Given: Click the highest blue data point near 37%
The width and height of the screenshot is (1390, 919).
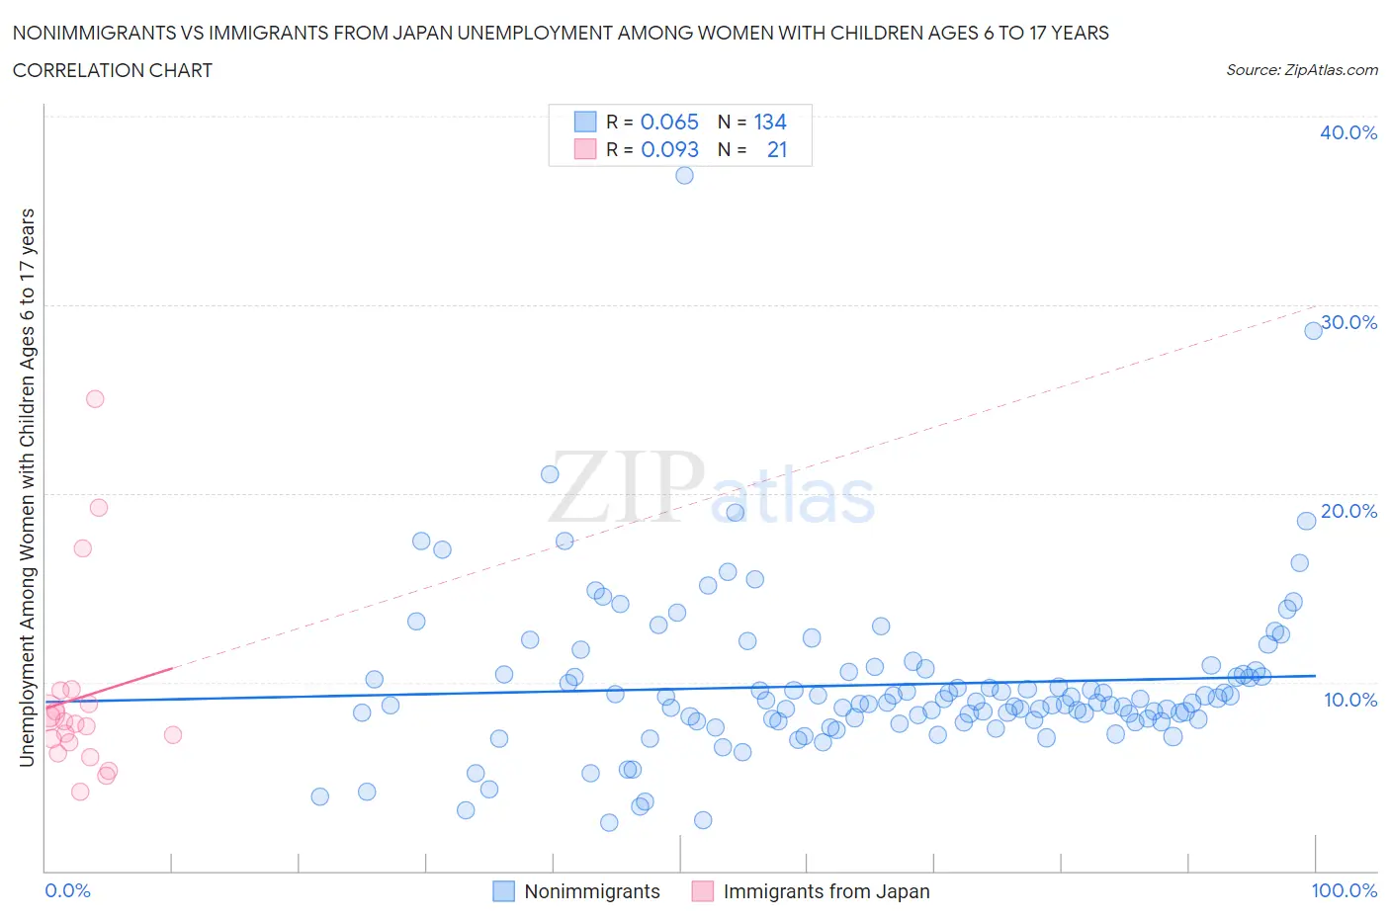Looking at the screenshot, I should pos(684,176).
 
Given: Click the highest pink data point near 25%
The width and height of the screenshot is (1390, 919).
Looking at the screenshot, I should pos(95,399).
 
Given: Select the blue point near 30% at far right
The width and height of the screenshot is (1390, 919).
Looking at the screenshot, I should pos(1313,331).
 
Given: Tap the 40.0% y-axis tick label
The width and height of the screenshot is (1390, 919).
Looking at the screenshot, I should pos(1348,133).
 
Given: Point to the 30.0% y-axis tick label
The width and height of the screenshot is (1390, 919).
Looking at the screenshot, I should pos(1348,323).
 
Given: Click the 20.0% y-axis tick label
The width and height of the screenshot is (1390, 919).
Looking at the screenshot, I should pos(1348,512).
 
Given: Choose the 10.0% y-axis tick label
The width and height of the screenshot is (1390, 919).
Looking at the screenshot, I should pos(1349,701).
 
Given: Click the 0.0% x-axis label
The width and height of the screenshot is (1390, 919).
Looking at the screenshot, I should pos(68,891).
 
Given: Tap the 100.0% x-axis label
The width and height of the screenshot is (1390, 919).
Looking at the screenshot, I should pos(1344,891).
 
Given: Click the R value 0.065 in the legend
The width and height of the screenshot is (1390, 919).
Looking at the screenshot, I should pos(669,123).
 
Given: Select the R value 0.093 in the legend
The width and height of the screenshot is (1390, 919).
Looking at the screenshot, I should pos(669,150).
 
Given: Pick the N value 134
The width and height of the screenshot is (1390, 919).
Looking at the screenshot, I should pos(770,123).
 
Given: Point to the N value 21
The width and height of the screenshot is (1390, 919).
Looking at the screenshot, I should pos(777,150).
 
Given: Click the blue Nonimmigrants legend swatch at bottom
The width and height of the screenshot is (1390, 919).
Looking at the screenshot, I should pos(504,891).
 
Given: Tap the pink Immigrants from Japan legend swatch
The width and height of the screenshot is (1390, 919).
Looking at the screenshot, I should pos(703,891).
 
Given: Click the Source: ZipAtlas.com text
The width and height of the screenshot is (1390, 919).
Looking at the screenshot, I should pos(1301,70).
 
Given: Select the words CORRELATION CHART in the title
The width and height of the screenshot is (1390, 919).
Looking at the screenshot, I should pos(113,71).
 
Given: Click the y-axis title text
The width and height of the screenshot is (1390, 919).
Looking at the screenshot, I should pos(28,487).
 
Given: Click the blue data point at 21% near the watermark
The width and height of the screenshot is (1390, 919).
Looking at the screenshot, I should pos(550,474).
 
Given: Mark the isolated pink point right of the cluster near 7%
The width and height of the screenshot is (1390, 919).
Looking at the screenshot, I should pos(173,735).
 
